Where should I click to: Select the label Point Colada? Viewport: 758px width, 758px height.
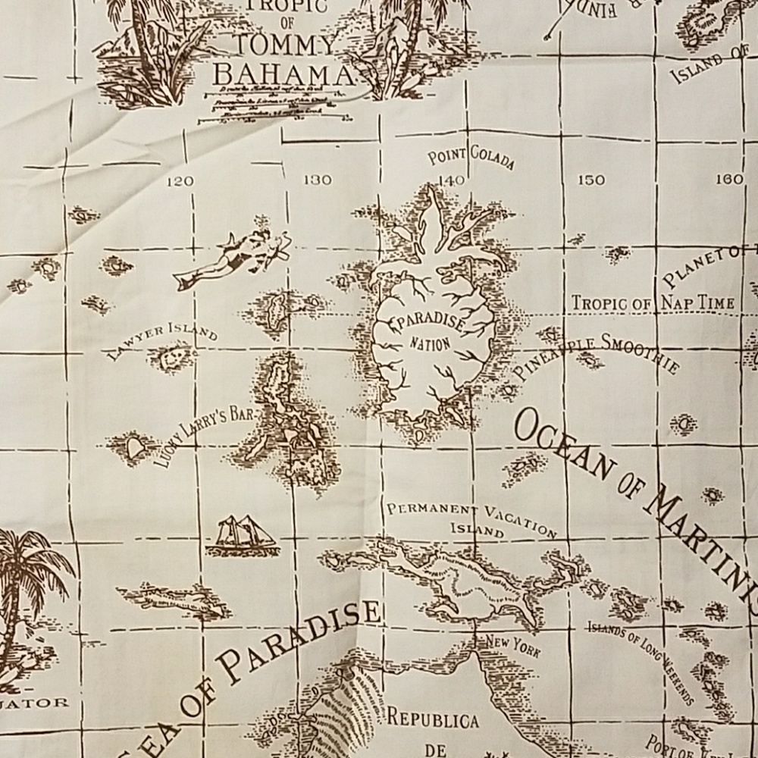(471, 159)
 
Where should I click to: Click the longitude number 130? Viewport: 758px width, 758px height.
(316, 180)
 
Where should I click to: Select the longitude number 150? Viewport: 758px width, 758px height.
(591, 180)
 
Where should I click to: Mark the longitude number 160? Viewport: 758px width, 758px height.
(728, 180)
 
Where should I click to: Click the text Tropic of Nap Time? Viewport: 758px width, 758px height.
(653, 303)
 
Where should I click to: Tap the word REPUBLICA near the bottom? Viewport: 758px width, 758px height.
(433, 719)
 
